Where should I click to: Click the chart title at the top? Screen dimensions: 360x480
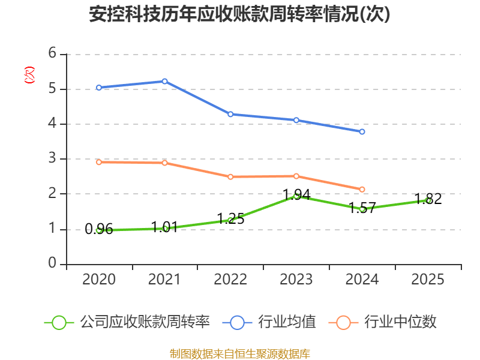pyautogui.click(x=239, y=14)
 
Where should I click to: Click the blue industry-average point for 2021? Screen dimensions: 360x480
pyautogui.click(x=165, y=81)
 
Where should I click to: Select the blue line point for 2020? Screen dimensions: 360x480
pyautogui.click(x=99, y=88)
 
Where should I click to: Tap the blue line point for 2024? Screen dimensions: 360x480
pyautogui.click(x=362, y=131)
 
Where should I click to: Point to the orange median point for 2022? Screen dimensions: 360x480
pyautogui.click(x=230, y=176)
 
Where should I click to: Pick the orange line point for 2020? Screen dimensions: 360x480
pyautogui.click(x=99, y=162)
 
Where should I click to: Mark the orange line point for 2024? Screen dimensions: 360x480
pyautogui.click(x=362, y=189)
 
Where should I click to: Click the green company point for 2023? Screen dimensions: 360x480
pyautogui.click(x=296, y=196)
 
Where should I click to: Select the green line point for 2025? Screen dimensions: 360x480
pyautogui.click(x=428, y=200)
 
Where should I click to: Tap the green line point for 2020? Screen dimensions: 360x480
pyautogui.click(x=99, y=230)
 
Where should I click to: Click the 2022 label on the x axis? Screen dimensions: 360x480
pyautogui.click(x=230, y=280)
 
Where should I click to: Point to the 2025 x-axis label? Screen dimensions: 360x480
pyautogui.click(x=428, y=280)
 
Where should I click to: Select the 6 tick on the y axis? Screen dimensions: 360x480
pyautogui.click(x=52, y=53)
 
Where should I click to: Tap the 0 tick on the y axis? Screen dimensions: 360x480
pyautogui.click(x=52, y=264)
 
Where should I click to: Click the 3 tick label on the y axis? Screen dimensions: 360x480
pyautogui.click(x=52, y=159)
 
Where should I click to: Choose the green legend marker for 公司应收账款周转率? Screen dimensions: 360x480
pyautogui.click(x=59, y=322)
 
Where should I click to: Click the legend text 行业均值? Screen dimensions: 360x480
pyautogui.click(x=287, y=322)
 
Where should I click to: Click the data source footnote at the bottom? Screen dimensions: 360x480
pyautogui.click(x=239, y=353)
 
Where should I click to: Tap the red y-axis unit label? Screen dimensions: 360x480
pyautogui.click(x=29, y=75)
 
